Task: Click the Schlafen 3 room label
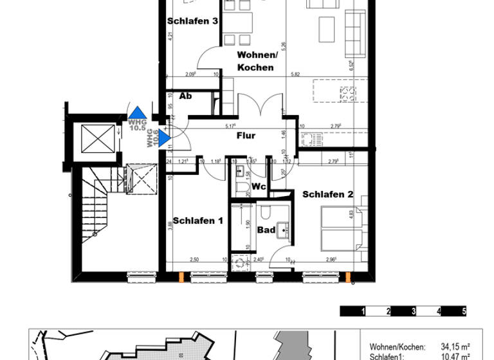coord(192,21)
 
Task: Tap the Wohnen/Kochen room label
coord(255,61)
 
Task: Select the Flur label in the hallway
coord(246,136)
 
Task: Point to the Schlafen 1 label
coord(197,221)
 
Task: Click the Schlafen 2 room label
coord(328,194)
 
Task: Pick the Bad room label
coord(266,230)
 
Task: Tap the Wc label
coord(259,186)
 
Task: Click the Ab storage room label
coord(185,96)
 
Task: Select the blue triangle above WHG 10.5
coord(137,112)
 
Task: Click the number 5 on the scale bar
coord(463,311)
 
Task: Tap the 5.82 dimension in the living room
coord(295,75)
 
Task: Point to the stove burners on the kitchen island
coord(347,94)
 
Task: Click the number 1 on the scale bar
coord(364,311)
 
